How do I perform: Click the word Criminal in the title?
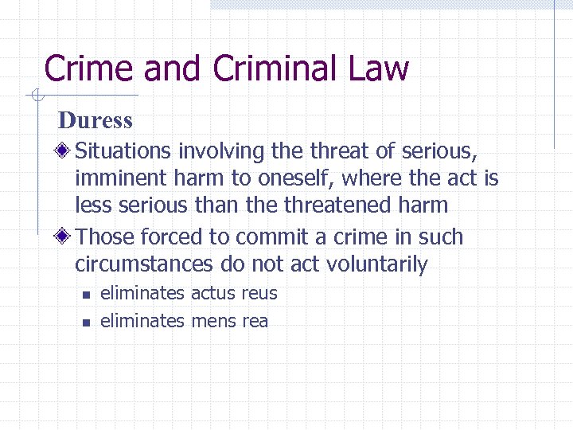(265, 68)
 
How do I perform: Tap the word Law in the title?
(371, 68)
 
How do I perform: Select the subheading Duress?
(95, 121)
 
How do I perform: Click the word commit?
(262, 237)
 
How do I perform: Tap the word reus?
(259, 294)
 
